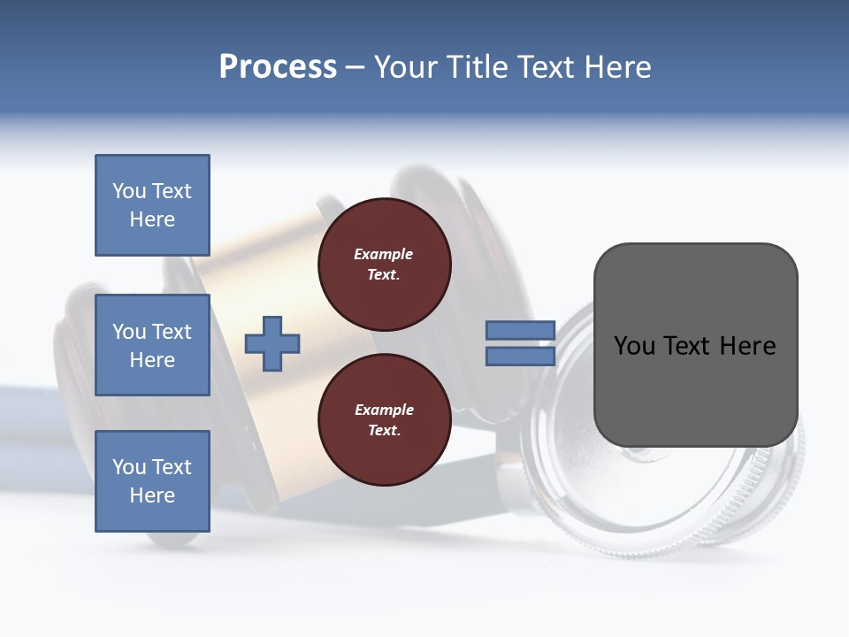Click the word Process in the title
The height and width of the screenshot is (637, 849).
278,67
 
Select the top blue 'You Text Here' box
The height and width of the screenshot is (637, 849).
152,205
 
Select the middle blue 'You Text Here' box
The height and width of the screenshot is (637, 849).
152,345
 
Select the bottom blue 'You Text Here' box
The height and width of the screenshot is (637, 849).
152,480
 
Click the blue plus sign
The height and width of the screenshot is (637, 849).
272,343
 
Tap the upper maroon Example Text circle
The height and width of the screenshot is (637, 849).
384,265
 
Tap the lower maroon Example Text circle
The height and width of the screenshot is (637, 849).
384,420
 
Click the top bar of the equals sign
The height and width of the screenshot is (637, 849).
520,330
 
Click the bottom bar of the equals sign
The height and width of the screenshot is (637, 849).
520,356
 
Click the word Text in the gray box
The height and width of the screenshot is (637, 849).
688,346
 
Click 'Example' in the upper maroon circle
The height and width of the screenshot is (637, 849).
384,255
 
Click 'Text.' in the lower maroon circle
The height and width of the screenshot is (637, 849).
384,431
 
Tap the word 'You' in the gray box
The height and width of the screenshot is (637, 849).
634,346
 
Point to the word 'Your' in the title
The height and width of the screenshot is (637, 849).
407,67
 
